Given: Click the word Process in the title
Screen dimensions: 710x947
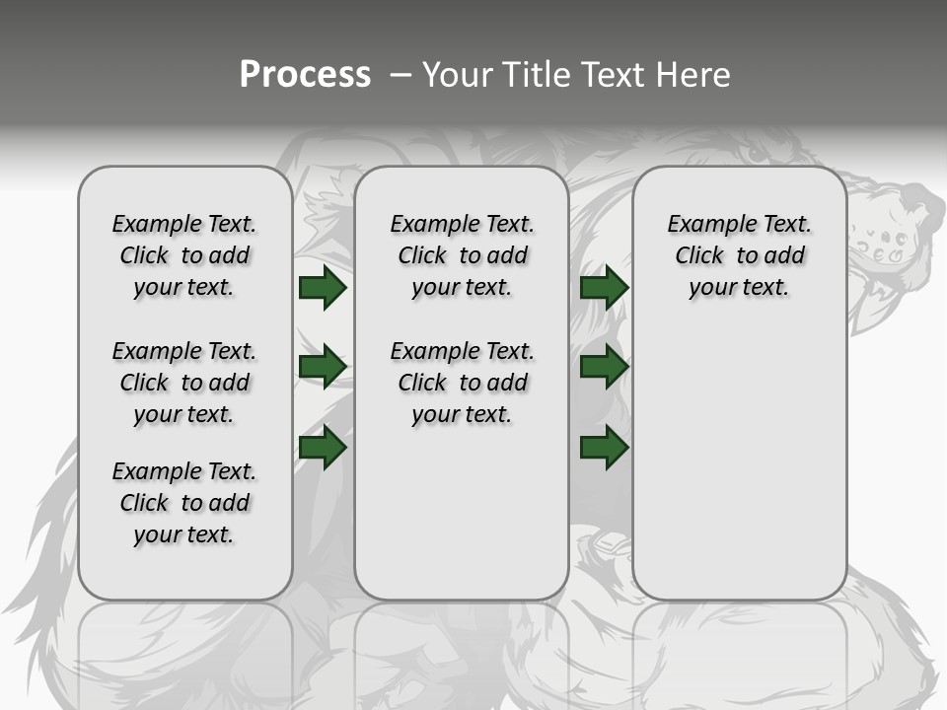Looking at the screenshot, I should (305, 75).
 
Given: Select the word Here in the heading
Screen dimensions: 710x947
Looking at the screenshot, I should (694, 75).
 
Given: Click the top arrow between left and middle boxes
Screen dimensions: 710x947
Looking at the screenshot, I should (322, 287).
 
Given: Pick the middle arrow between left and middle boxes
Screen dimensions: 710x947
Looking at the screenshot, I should (322, 367).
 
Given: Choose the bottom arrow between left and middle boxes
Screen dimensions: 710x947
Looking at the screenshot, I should (322, 448).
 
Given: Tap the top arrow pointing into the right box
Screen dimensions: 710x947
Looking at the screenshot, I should (604, 287).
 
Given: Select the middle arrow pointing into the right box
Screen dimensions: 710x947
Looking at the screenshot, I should (604, 367).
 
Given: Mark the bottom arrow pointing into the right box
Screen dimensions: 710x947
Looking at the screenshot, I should (604, 448).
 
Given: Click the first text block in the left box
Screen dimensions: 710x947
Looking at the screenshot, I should (184, 255).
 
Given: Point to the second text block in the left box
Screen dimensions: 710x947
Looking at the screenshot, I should (184, 383).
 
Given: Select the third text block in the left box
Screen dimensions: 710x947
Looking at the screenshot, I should (184, 503).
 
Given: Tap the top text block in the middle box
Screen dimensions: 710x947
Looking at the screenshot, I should (462, 255).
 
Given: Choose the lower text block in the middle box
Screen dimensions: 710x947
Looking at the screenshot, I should (462, 383).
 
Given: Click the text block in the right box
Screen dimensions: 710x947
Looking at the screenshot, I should (739, 255).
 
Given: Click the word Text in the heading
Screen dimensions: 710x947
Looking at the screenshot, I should (616, 75).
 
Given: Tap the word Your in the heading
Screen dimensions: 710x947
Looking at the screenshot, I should (458, 75).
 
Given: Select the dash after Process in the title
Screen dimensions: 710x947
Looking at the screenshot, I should (401, 75).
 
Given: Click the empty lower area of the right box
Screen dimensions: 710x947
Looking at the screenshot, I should (739, 473).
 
